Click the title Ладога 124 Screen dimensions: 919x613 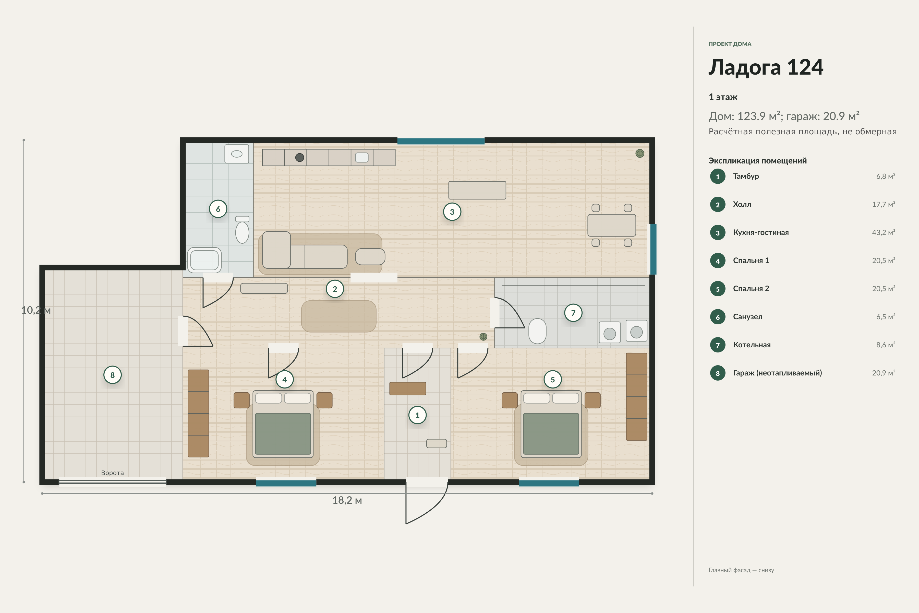(x=766, y=67)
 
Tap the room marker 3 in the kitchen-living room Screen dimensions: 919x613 (x=452, y=212)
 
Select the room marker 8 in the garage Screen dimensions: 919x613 (x=113, y=375)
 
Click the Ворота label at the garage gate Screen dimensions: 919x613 (x=113, y=473)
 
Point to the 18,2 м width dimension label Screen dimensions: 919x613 (x=347, y=500)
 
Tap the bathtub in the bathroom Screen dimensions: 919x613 (x=204, y=260)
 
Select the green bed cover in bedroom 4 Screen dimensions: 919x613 (x=283, y=433)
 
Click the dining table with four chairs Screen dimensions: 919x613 (x=611, y=225)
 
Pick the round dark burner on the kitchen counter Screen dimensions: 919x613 (x=300, y=158)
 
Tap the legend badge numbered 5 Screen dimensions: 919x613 (x=718, y=289)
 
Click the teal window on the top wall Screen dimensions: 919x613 (x=441, y=141)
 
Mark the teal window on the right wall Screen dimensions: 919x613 (x=653, y=250)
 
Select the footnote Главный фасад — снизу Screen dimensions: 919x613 (x=741, y=570)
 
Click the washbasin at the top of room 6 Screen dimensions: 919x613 (x=237, y=154)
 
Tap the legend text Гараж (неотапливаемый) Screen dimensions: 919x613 (x=777, y=373)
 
